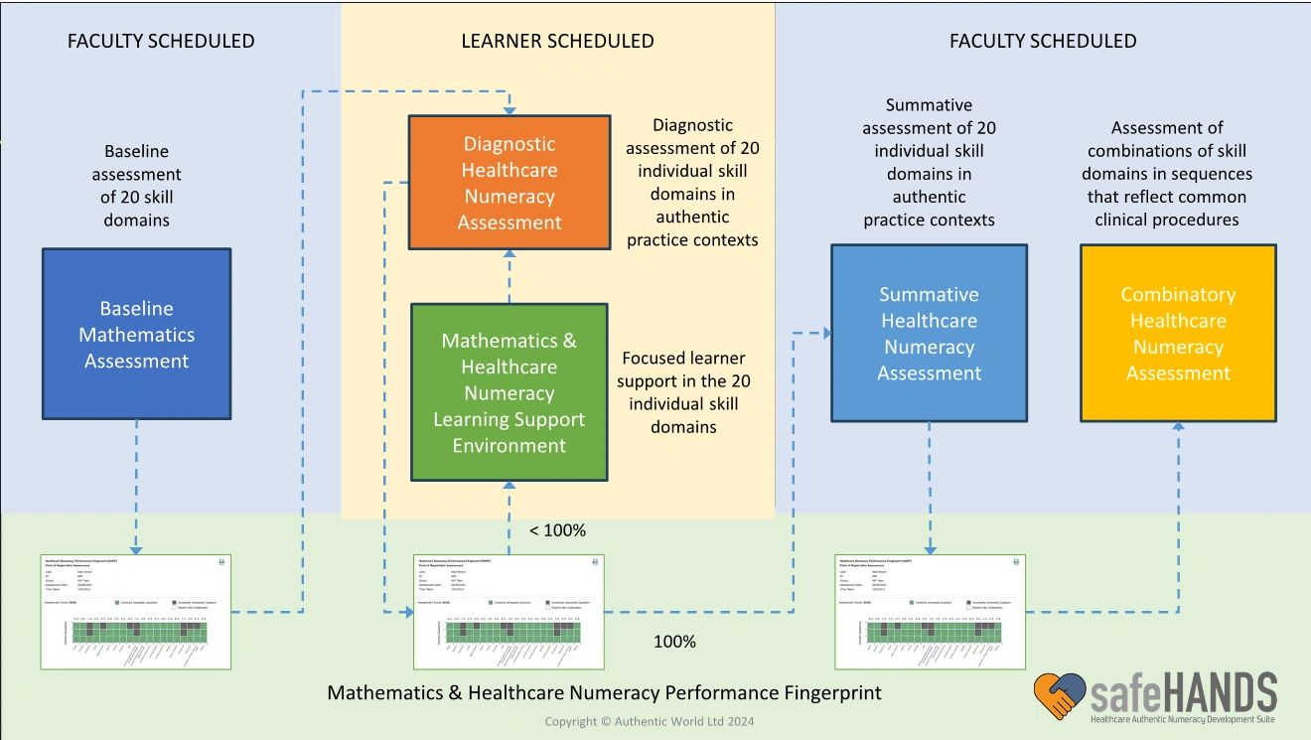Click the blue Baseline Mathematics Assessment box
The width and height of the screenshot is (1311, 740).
[136, 334]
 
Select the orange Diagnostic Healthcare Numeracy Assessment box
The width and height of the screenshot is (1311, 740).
[510, 182]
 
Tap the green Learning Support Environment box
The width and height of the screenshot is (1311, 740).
[509, 392]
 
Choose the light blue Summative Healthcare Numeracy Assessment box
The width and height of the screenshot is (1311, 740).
[929, 333]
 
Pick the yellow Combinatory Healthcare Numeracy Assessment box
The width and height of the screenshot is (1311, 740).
[1178, 333]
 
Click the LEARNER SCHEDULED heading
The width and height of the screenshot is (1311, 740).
[557, 41]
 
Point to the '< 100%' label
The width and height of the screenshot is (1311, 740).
[557, 530]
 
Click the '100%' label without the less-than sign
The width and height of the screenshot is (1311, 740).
[674, 642]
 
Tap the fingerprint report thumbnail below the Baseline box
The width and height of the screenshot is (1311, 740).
[136, 611]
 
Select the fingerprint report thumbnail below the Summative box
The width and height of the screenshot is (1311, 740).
[930, 611]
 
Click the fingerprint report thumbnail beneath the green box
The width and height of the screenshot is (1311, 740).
[509, 611]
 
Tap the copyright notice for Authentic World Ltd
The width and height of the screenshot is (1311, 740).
[649, 722]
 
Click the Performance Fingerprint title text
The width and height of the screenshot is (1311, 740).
[604, 692]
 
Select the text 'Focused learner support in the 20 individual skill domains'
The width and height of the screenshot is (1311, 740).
[683, 392]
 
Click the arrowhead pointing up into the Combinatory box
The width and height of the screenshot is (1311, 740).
[1178, 427]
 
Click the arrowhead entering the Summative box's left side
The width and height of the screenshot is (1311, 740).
[825, 334]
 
